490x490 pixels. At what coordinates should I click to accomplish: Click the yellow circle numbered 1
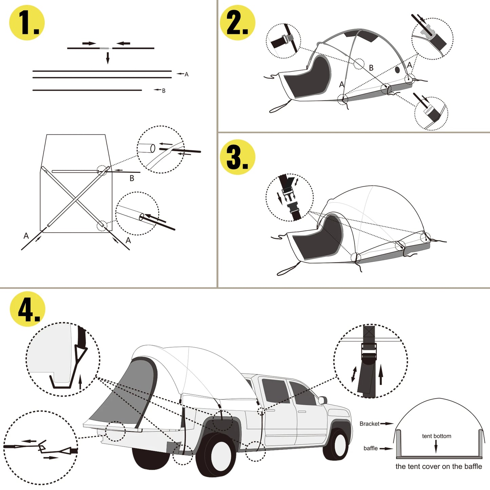click(x=27, y=23)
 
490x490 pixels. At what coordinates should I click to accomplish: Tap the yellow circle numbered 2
click(x=237, y=23)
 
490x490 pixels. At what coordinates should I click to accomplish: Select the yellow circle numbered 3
click(x=237, y=157)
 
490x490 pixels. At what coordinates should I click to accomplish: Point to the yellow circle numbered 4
click(x=27, y=309)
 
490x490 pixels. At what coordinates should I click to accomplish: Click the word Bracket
click(x=369, y=424)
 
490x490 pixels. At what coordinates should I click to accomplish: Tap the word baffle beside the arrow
click(x=370, y=448)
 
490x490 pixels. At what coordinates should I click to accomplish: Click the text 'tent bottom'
click(x=436, y=436)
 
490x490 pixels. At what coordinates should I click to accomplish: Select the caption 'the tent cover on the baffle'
click(x=438, y=467)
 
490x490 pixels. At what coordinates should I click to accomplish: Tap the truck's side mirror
click(x=322, y=400)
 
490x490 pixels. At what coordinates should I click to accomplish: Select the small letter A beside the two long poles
click(x=186, y=74)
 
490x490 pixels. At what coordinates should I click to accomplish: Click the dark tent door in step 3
click(x=317, y=237)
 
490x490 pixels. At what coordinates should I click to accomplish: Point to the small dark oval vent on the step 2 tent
click(x=397, y=70)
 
